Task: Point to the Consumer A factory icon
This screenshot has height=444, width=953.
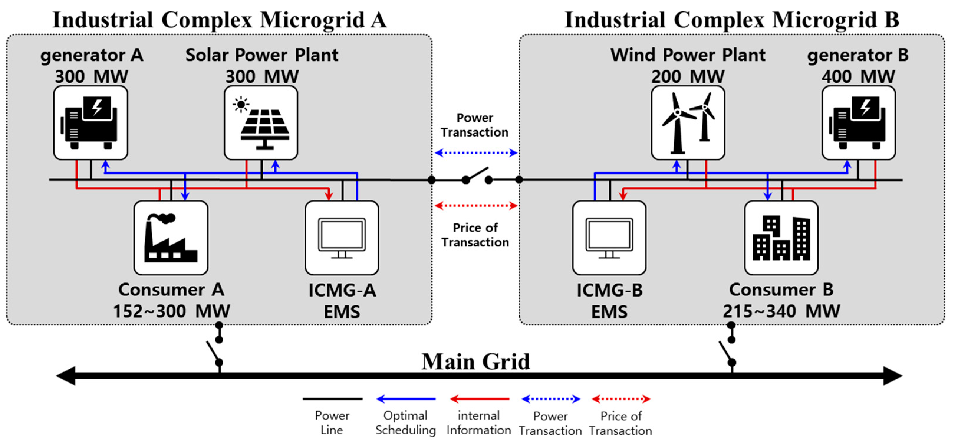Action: [x=171, y=238]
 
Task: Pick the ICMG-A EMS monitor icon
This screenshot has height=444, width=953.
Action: [x=342, y=238]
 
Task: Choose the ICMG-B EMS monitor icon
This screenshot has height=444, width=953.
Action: [x=609, y=238]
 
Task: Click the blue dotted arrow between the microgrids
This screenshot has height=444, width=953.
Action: [x=476, y=152]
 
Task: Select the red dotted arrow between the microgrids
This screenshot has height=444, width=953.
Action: [x=476, y=206]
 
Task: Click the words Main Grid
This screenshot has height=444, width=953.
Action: [x=476, y=361]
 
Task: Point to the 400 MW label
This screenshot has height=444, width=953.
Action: [x=858, y=77]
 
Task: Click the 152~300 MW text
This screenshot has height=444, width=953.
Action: [x=171, y=311]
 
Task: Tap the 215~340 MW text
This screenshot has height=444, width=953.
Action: [x=781, y=311]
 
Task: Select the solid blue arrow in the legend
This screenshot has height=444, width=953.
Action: [x=406, y=399]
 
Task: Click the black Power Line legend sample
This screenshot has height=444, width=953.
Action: [x=332, y=399]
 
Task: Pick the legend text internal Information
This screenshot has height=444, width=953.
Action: [x=479, y=423]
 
